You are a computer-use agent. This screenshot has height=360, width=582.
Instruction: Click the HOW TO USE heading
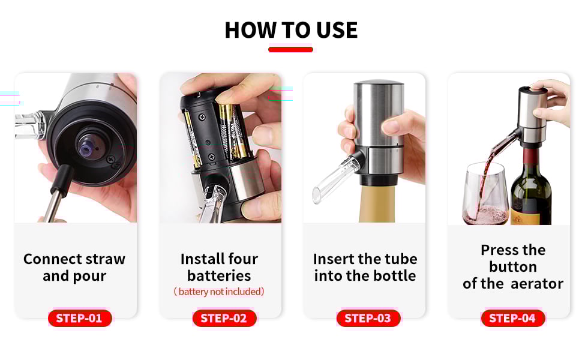point(291,30)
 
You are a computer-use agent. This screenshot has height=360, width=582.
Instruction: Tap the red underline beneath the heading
point(290,49)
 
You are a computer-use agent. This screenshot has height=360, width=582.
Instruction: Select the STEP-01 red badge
point(79,318)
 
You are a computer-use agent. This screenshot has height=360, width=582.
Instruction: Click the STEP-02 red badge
point(224,318)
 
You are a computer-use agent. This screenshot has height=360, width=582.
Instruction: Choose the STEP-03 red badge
point(368,318)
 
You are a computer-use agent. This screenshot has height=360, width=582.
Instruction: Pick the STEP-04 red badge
point(512,318)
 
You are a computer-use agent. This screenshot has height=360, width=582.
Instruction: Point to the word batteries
point(219,275)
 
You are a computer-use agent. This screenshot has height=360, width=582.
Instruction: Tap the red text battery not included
point(219,292)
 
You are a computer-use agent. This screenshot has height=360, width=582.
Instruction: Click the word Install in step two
point(197,259)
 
